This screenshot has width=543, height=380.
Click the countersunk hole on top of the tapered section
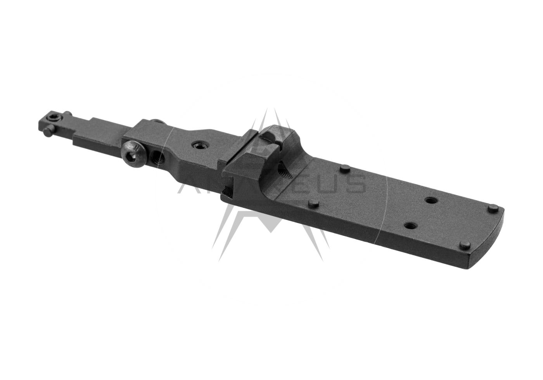(x=199, y=145)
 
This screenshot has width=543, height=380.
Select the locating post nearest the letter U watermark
(x=343, y=168)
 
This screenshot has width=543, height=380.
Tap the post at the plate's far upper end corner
(x=493, y=209)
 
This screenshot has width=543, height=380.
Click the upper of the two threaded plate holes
(x=429, y=200)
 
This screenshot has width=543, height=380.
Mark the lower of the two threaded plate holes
(x=408, y=225)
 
